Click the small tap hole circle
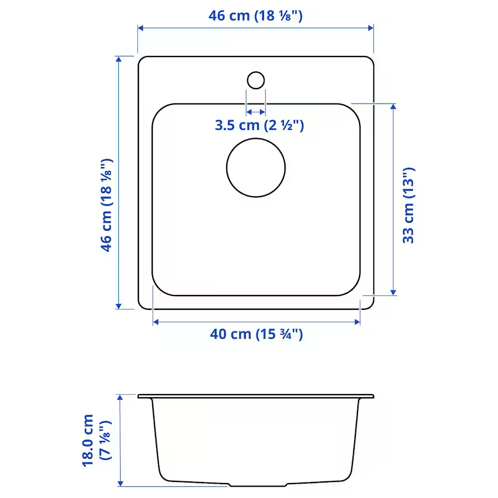coord(256,80)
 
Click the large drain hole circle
coord(256,167)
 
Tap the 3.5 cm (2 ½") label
coord(260,125)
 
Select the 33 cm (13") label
coord(408,205)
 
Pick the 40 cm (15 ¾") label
coord(256,334)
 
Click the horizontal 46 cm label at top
coord(255,15)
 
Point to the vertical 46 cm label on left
coord(106,205)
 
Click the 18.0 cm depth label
coord(89,440)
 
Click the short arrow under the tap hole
coord(256,111)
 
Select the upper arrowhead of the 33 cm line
coord(393,107)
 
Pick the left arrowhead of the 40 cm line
coord(156,321)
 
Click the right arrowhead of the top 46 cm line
coord(371,28)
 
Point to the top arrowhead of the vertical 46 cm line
coord(118,59)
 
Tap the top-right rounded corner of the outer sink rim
coord(370,60)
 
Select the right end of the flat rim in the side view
coord(372,396)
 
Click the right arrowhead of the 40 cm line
coord(357,321)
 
